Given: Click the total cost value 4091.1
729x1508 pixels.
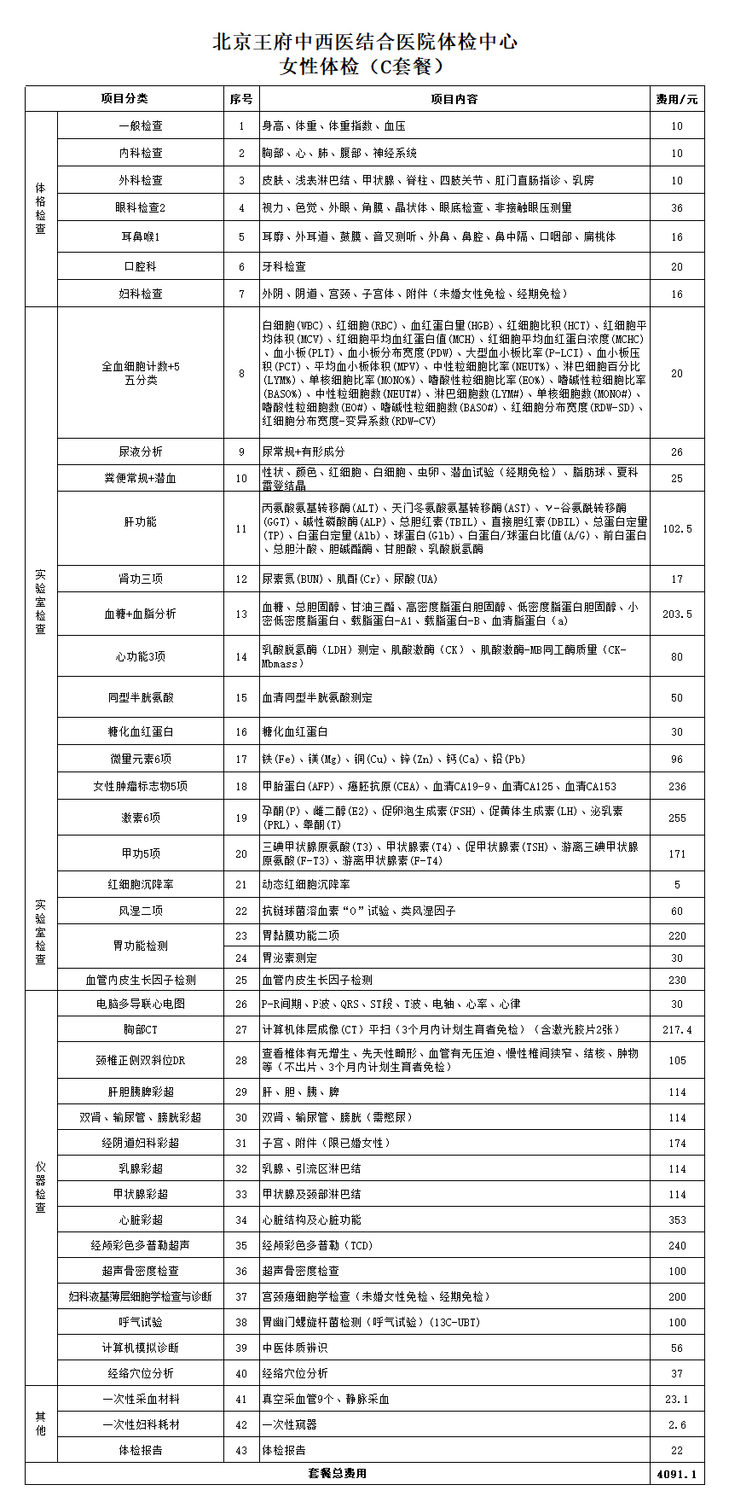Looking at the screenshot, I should coord(677,1474).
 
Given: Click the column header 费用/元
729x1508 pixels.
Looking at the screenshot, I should coord(677,99).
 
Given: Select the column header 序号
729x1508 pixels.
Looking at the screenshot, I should coord(241,99).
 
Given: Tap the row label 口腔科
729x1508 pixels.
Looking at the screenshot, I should coord(141,266).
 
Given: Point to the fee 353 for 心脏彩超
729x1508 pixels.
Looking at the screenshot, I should coord(677,1220).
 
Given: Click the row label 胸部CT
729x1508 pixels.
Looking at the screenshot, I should coord(141,1030).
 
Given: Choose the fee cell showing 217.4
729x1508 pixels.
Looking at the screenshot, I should coord(677,1030).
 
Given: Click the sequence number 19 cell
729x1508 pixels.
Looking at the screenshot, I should coord(241,818).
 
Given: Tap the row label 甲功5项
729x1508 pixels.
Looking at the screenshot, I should coord(141,853).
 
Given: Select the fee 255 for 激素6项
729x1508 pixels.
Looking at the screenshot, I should coord(677,818).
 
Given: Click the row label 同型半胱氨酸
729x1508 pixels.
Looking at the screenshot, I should coord(141,697).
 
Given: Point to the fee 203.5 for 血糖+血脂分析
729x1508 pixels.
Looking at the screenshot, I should coord(677,614).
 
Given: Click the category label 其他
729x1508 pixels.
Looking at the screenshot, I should coord(41,1424).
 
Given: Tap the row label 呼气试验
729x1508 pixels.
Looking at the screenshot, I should coord(141,1322).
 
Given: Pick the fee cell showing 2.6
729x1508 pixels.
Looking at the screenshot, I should coord(677,1424).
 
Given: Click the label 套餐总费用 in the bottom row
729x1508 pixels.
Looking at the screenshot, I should coord(338,1473).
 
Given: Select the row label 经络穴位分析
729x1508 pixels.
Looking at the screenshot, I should coord(141,1373).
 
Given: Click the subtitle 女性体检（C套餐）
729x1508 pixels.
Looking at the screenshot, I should coord(364,67).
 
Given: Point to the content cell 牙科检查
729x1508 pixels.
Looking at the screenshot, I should coord(284,267).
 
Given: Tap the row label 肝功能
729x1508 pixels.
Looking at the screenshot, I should coord(141,521).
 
